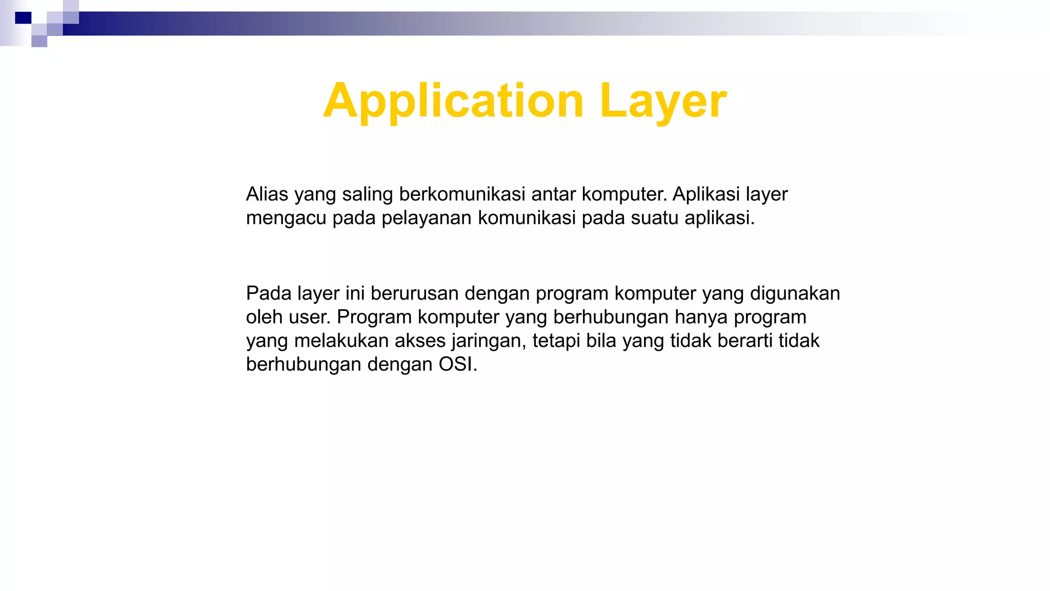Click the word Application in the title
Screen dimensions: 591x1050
(453, 101)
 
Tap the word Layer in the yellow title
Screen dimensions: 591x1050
(662, 101)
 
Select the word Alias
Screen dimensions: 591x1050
(267, 194)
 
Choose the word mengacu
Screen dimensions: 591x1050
(286, 218)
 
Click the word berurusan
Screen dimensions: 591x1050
(414, 293)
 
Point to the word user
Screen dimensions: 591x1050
(309, 317)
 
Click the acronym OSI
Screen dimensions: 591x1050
(457, 364)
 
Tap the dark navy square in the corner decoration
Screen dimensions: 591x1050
(23, 18)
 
